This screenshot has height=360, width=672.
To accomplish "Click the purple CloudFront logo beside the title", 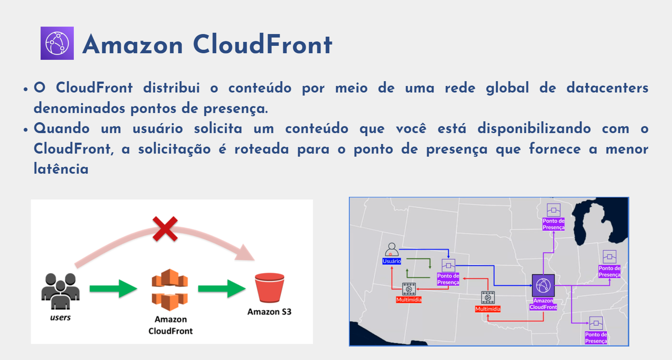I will click(57, 43).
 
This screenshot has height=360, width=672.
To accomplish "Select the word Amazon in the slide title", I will click(133, 45).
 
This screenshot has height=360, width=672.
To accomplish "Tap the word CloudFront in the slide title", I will click(262, 45).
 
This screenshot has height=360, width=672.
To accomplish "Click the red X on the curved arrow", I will click(165, 229).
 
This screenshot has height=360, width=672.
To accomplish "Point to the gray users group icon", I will click(61, 291).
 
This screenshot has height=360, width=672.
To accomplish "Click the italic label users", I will click(60, 318).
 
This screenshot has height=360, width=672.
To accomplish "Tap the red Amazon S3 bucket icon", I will click(269, 288).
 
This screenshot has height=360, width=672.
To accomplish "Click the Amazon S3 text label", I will click(269, 312).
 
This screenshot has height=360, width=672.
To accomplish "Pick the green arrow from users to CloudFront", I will click(113, 289).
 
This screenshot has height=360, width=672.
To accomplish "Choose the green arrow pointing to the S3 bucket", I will click(221, 289).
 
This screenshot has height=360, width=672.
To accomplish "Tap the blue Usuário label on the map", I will click(392, 261).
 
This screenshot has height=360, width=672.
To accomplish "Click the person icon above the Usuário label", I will click(392, 250).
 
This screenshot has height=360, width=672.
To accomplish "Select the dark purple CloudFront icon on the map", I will click(543, 286).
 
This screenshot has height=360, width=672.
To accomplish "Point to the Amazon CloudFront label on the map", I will click(543, 304).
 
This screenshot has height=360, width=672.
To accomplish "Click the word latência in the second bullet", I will click(61, 169).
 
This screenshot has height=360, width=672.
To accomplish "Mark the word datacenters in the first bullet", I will click(607, 88).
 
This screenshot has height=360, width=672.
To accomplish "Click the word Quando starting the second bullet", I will click(62, 128).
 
